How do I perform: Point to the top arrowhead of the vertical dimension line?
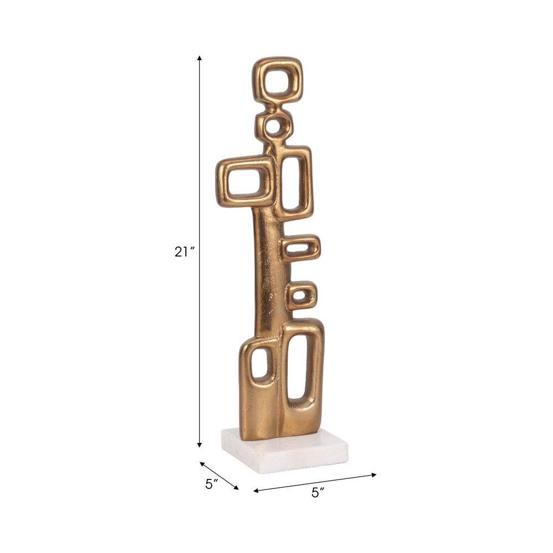tap(200, 57)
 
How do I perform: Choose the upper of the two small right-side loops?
tap(300, 249)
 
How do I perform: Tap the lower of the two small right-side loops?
tap(300, 295)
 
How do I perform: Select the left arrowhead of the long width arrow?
tap(255, 490)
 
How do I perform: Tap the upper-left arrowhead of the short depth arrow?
tap(201, 463)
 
